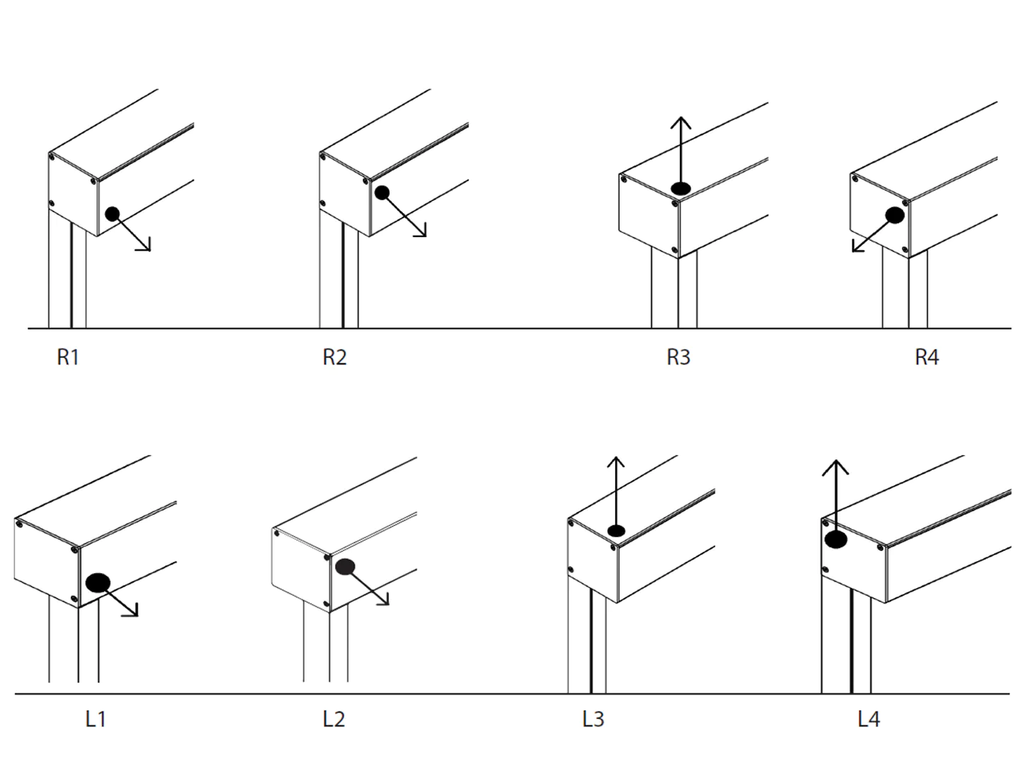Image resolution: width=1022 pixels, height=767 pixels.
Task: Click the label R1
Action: point(68,357)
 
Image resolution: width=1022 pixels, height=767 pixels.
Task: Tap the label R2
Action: point(334,357)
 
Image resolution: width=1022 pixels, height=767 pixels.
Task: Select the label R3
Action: point(678,357)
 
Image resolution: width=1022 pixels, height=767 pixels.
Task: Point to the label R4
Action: point(927,357)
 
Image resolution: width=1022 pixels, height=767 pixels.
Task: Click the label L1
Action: point(96,719)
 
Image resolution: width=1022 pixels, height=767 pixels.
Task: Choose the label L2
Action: point(334,719)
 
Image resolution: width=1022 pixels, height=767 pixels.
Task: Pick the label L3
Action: point(593,719)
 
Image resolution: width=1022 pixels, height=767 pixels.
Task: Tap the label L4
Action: point(869,719)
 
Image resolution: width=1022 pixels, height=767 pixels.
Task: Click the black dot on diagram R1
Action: point(112,213)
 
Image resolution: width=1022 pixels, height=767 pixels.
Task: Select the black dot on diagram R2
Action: point(382,192)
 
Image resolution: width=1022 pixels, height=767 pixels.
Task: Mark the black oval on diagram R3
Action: point(681,189)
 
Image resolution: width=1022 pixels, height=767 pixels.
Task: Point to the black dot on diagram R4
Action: point(894,214)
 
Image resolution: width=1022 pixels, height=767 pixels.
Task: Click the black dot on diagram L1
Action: point(98,583)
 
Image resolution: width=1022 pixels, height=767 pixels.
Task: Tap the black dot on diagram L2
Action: point(346,567)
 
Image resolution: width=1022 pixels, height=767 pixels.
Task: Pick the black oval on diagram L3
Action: point(616,531)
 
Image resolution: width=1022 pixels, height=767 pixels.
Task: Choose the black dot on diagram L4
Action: point(836,540)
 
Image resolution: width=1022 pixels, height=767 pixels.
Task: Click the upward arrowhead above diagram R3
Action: point(681,122)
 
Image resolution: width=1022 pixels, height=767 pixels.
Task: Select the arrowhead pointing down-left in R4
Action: point(857,247)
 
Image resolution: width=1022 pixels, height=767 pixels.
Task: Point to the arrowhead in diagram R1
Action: point(145,246)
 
